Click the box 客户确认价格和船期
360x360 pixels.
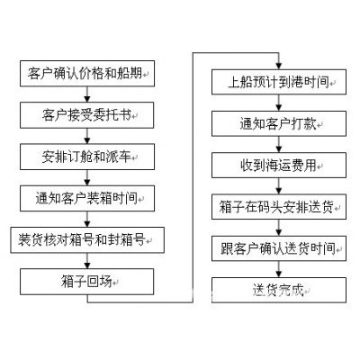[x=87, y=74]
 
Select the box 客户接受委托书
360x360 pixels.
[x=87, y=115]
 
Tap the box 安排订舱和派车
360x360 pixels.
[x=87, y=157]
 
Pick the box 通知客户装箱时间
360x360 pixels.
[x=87, y=198]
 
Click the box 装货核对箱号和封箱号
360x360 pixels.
[x=87, y=240]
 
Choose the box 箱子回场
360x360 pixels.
[x=87, y=282]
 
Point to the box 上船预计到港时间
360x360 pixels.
[x=279, y=82]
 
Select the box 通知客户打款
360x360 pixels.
[x=279, y=123]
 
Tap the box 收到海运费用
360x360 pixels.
[x=279, y=166]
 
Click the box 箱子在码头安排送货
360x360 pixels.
[x=279, y=207]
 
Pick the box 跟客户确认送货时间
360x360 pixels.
[x=279, y=248]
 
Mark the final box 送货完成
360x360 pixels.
[x=279, y=290]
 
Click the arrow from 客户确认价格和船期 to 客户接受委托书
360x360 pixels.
[x=87, y=94]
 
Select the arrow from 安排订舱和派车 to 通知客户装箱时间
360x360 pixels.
[x=87, y=177]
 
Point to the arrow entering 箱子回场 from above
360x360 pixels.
[x=87, y=261]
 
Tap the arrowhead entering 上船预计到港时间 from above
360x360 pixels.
[x=279, y=67]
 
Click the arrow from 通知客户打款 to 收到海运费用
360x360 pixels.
[x=279, y=145]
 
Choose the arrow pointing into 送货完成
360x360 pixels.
[x=279, y=269]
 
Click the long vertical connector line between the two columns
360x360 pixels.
[x=193, y=177]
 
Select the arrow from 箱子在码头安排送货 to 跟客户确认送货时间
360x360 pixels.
[x=279, y=228]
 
